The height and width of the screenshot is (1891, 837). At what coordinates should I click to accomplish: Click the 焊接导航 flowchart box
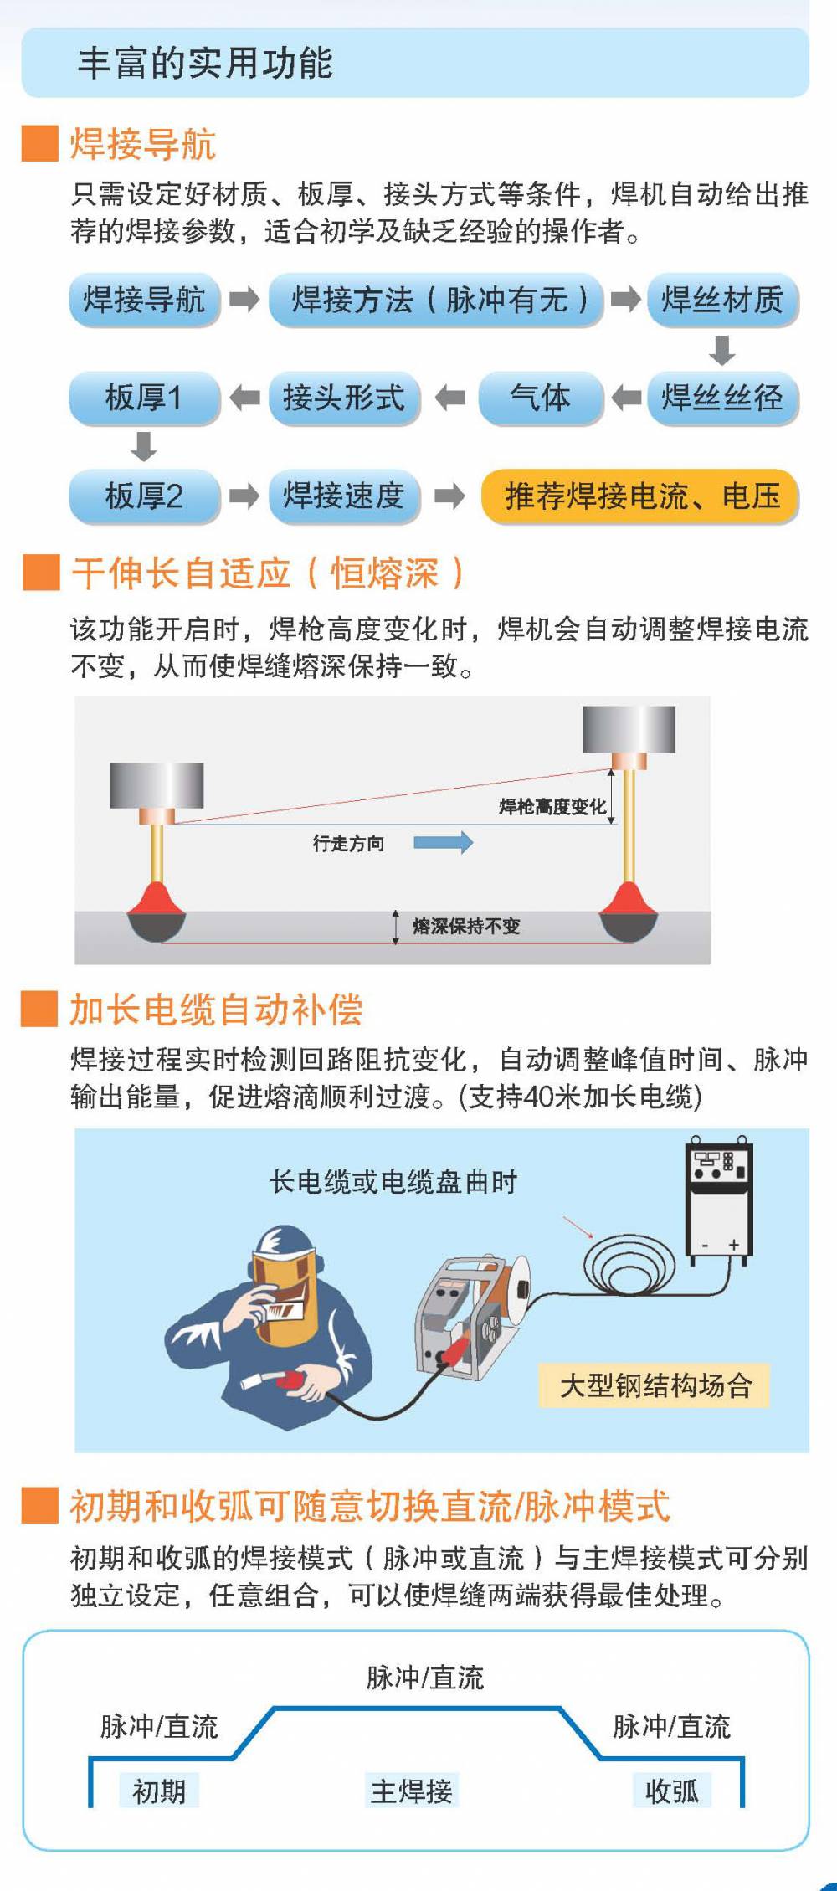[x=144, y=299]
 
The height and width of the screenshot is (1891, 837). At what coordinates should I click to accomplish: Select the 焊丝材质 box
[x=722, y=299]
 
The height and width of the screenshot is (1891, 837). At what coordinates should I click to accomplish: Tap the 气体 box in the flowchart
[x=541, y=398]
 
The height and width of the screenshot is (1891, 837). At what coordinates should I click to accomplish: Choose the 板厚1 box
[x=144, y=398]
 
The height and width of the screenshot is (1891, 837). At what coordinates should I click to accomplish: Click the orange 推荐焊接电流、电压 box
[x=640, y=496]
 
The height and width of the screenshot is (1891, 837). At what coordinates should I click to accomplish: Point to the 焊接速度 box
[x=344, y=496]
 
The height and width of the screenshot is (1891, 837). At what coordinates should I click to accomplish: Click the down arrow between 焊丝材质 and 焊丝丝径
[x=721, y=350]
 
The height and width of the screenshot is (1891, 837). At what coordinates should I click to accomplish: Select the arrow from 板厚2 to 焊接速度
[x=244, y=496]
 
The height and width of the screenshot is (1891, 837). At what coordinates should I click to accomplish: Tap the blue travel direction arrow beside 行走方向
[x=443, y=842]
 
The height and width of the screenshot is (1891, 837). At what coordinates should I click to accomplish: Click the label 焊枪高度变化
[x=552, y=806]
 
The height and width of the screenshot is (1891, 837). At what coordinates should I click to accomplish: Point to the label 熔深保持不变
[x=466, y=926]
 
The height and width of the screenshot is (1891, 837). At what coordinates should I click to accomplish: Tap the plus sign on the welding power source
[x=733, y=1245]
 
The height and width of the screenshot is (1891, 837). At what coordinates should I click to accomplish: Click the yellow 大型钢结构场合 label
[x=655, y=1385]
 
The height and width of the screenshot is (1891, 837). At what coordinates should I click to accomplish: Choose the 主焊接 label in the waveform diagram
[x=412, y=1791]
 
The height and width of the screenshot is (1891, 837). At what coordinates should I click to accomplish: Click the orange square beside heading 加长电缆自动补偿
[x=40, y=1009]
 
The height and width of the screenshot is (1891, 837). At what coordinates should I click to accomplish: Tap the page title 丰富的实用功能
[x=205, y=63]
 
